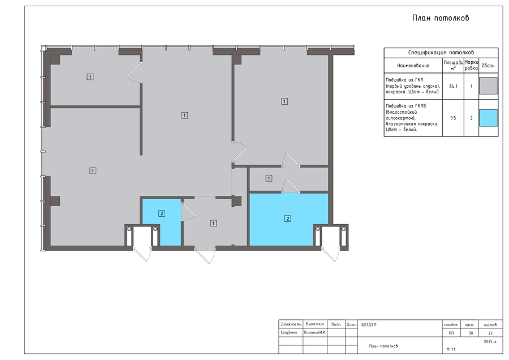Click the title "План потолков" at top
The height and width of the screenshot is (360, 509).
click(x=441, y=18)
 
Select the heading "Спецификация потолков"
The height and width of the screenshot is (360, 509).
click(x=441, y=52)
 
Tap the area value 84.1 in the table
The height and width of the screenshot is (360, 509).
click(x=453, y=87)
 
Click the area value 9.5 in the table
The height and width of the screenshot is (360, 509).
click(x=453, y=118)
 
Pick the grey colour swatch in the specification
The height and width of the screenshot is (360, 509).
click(x=488, y=86)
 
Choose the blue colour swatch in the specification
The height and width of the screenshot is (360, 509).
click(x=488, y=118)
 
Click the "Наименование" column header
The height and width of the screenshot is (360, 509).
click(x=413, y=66)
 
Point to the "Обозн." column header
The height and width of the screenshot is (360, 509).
click(x=488, y=66)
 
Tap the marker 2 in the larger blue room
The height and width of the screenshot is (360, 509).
click(x=288, y=218)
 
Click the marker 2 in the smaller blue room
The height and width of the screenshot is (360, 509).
click(x=162, y=213)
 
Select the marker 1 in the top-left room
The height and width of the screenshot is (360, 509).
click(x=90, y=76)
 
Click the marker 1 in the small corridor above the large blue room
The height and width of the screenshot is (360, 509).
click(x=269, y=178)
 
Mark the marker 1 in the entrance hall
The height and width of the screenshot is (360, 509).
click(x=213, y=223)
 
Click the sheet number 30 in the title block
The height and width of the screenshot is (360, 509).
click(x=471, y=333)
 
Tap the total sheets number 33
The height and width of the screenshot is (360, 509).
click(x=490, y=333)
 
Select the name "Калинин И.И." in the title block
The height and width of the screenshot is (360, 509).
click(x=315, y=333)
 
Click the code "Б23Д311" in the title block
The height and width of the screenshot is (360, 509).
click(x=369, y=324)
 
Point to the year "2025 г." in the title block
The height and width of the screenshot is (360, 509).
click(x=490, y=341)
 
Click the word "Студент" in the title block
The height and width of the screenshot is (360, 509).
click(x=289, y=333)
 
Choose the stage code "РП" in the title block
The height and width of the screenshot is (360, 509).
click(x=451, y=333)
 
